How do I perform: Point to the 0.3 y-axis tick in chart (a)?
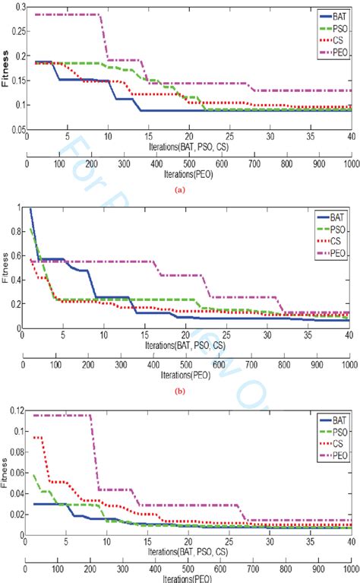(x=14, y=5)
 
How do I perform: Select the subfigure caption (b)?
(x=179, y=372)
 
